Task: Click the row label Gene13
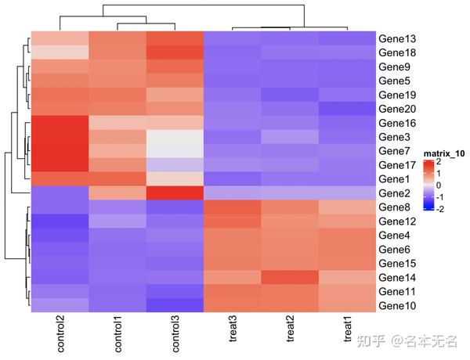pos(397,38)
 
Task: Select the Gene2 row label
pos(395,193)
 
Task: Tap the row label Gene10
pos(397,305)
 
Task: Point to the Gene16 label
pos(397,123)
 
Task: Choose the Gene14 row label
pos(397,277)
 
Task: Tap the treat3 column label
pos(232,333)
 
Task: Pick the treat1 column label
pos(346,333)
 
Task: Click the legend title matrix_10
pos(443,153)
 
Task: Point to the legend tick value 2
pos(439,162)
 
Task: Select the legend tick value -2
pos(440,209)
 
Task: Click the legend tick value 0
pos(439,185)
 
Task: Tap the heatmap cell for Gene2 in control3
pos(174,193)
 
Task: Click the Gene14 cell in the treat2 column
pos(289,277)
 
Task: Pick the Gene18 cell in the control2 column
pos(60,52)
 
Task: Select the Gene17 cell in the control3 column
pos(174,165)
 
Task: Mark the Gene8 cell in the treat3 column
pos(232,207)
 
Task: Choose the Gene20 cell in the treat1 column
pos(346,109)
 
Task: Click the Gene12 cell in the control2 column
pos(60,221)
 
